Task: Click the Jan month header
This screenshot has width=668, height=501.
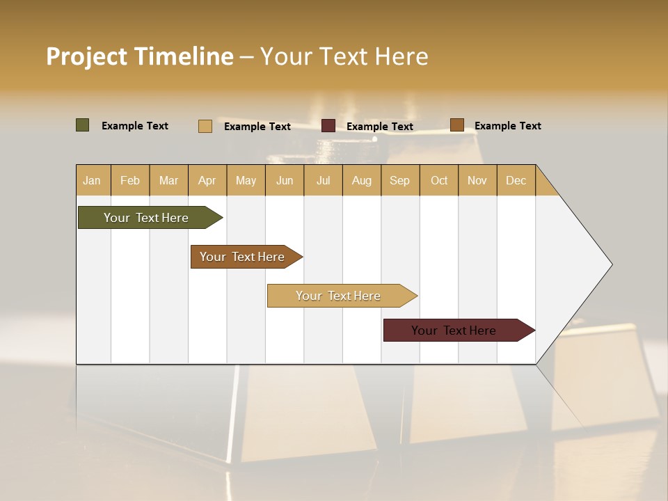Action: (92, 180)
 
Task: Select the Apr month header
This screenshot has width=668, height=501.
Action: (207, 180)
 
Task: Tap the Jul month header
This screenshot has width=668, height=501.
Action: (323, 180)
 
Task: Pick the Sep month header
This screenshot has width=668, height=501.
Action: (399, 180)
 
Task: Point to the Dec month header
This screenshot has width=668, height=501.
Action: (516, 180)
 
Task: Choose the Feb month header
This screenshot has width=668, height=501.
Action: (130, 180)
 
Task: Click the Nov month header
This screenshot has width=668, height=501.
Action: (477, 180)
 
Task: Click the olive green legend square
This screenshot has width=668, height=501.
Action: (82, 125)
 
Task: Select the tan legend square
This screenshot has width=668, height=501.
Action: (205, 126)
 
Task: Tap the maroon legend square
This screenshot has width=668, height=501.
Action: (328, 126)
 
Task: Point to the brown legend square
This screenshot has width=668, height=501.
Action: (456, 125)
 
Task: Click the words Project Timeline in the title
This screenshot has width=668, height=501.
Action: (139, 56)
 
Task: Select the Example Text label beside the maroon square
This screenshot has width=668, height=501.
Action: (379, 127)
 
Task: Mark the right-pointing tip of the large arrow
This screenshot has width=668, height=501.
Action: (610, 264)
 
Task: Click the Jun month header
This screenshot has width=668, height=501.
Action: (285, 180)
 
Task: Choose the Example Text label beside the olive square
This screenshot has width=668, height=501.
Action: (134, 126)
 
